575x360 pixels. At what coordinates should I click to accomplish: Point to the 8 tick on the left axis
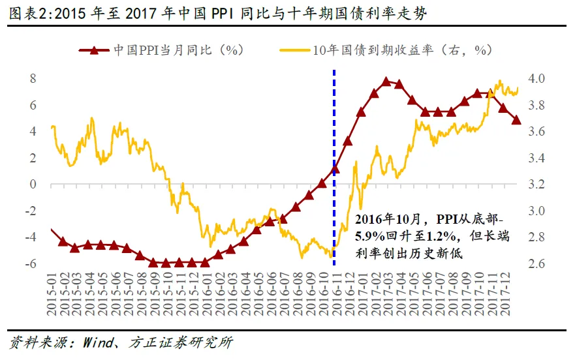coord(33,79)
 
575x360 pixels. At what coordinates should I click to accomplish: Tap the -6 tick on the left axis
coord(30,263)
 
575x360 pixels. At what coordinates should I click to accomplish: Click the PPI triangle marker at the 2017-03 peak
coord(386,82)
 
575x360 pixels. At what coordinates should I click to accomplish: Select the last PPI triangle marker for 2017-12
coord(516,120)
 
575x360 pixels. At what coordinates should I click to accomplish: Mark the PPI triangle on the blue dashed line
coord(335,170)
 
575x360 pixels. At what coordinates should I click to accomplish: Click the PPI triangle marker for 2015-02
coord(63,242)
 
